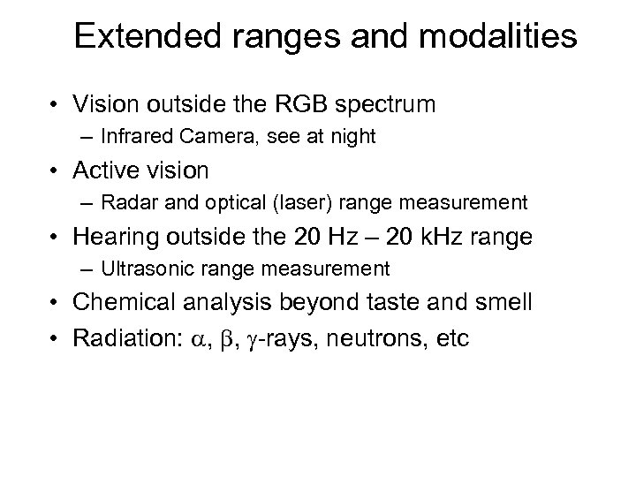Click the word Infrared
click(x=133, y=136)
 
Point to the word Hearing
click(x=111, y=236)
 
